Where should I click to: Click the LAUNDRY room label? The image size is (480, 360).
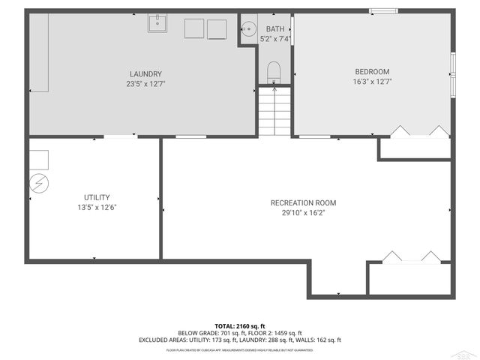click(145, 73)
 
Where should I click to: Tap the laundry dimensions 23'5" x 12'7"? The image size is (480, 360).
click(145, 84)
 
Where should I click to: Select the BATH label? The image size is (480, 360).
click(275, 28)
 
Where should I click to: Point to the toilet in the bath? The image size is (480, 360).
click(274, 72)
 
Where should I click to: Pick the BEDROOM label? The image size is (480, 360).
click(373, 71)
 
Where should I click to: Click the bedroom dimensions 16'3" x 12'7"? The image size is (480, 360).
click(373, 82)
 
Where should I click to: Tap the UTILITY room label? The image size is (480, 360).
click(94, 196)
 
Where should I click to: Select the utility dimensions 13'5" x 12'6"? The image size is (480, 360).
click(94, 207)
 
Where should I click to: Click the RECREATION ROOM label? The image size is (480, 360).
click(304, 202)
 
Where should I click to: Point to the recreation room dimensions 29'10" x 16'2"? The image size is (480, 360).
click(304, 213)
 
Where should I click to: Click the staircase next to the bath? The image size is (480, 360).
click(274, 111)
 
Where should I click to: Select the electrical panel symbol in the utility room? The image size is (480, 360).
click(39, 183)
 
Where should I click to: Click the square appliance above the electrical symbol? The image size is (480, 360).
click(39, 159)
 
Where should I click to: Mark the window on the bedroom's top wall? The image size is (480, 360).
click(383, 10)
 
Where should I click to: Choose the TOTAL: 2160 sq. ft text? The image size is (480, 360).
click(240, 326)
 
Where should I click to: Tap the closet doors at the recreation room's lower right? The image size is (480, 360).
click(409, 256)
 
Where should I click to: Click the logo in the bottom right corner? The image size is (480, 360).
click(466, 353)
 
